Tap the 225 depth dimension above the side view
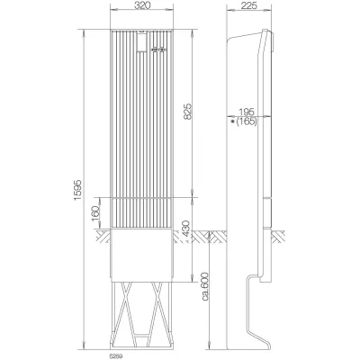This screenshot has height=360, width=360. [252, 7]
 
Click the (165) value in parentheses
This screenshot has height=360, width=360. [249, 120]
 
